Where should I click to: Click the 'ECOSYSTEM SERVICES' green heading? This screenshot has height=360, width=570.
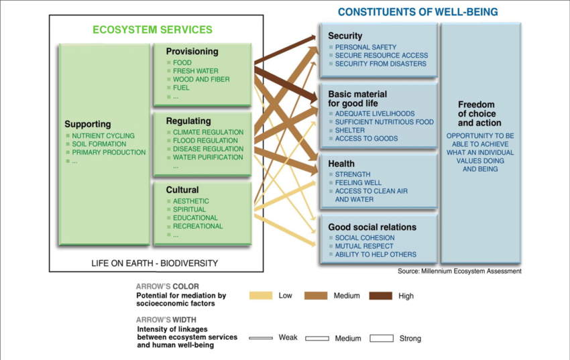pyautogui.click(x=152, y=29)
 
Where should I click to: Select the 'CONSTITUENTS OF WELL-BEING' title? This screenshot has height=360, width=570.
pyautogui.click(x=418, y=12)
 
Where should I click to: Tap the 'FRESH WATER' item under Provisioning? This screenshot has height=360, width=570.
pyautogui.click(x=196, y=71)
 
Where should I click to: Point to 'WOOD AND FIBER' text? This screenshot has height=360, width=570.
pyautogui.click(x=201, y=79)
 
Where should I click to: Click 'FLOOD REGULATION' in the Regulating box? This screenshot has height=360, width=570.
pyautogui.click(x=205, y=141)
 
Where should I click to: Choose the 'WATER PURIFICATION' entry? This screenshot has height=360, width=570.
pyautogui.click(x=208, y=158)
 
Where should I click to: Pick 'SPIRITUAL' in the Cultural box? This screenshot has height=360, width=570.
pyautogui.click(x=189, y=210)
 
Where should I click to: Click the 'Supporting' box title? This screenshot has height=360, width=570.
pyautogui.click(x=88, y=124)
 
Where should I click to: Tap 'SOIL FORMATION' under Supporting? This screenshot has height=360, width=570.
pyautogui.click(x=99, y=144)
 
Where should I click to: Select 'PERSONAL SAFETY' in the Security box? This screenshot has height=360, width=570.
pyautogui.click(x=365, y=47)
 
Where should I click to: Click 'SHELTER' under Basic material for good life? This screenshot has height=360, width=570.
pyautogui.click(x=349, y=130)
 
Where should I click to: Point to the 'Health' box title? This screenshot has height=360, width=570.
pyautogui.click(x=341, y=164)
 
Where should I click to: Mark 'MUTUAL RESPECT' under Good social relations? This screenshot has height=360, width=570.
pyautogui.click(x=364, y=246)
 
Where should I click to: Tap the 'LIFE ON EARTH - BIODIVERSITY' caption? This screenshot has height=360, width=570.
pyautogui.click(x=154, y=263)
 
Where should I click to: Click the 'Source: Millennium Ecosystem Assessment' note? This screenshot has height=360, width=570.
pyautogui.click(x=459, y=271)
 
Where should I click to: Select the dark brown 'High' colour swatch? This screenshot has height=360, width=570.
pyautogui.click(x=381, y=296)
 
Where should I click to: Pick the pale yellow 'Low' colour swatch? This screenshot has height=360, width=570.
pyautogui.click(x=261, y=296)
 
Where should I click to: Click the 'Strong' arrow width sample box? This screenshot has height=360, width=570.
pyautogui.click(x=382, y=338)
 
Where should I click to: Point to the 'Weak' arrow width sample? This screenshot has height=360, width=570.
pyautogui.click(x=261, y=338)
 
